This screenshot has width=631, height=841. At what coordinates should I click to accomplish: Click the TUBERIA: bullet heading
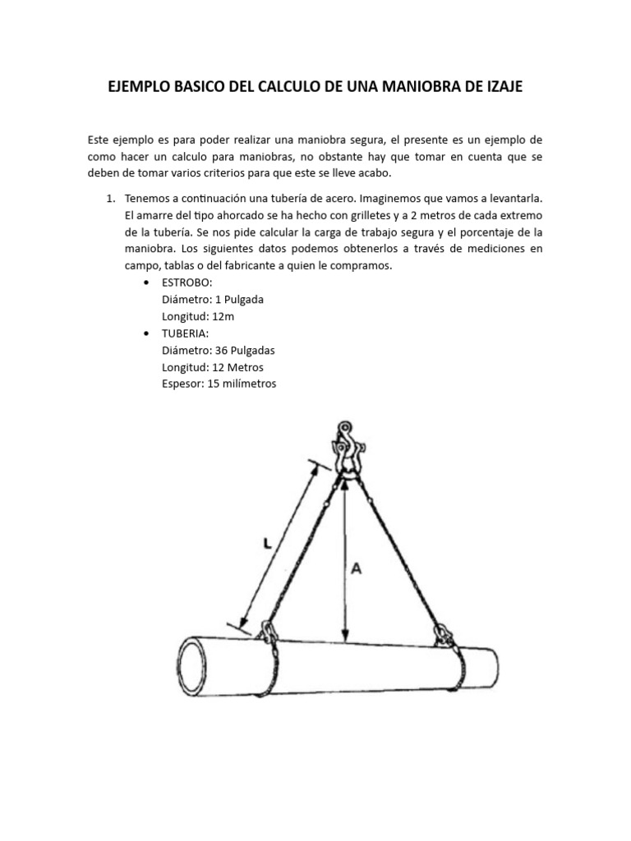[186, 333]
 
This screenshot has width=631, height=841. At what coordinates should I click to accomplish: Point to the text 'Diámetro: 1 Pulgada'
[213, 300]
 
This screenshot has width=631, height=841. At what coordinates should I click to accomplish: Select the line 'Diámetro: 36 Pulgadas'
[218, 350]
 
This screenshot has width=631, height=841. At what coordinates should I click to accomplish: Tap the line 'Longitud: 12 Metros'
[213, 366]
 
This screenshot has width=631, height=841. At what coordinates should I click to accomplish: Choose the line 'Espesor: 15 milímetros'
[219, 383]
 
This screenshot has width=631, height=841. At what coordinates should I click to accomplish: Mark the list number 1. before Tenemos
[110, 200]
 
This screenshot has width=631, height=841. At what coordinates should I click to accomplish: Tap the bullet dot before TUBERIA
[146, 333]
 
